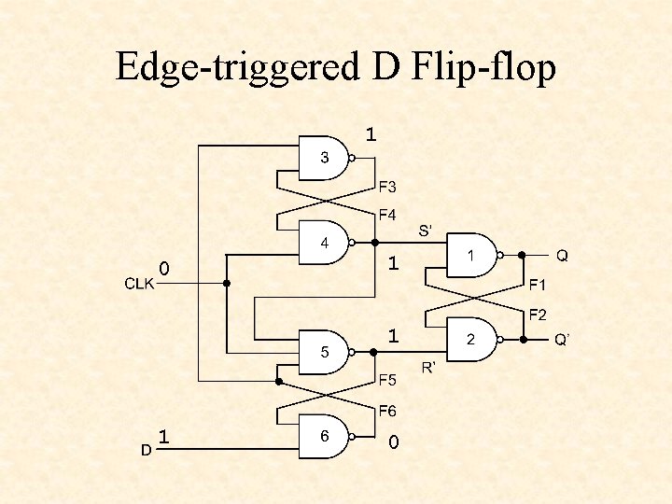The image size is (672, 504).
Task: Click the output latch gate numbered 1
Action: click(470, 255)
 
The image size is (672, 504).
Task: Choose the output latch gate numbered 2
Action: click(470, 340)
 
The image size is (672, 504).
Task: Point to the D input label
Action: click(146, 450)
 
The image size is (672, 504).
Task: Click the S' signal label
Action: click(428, 229)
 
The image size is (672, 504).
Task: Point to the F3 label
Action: click(387, 187)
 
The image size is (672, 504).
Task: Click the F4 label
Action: click(387, 216)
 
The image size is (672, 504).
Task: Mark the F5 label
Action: click(387, 380)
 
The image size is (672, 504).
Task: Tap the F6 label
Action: click(387, 411)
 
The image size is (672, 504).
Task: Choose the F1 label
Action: click(539, 284)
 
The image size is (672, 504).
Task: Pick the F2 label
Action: click(539, 315)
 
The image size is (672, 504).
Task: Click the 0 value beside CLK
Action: click(164, 269)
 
